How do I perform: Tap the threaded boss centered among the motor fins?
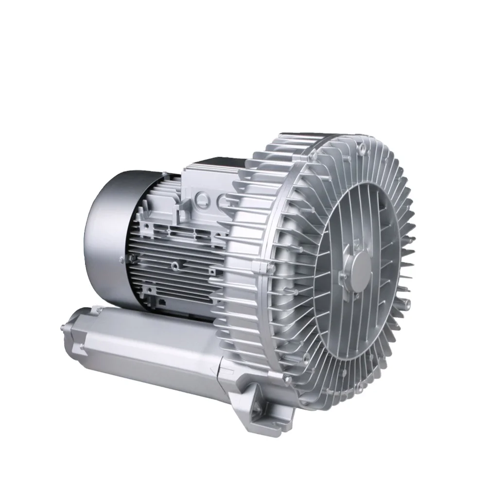point(174,265)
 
